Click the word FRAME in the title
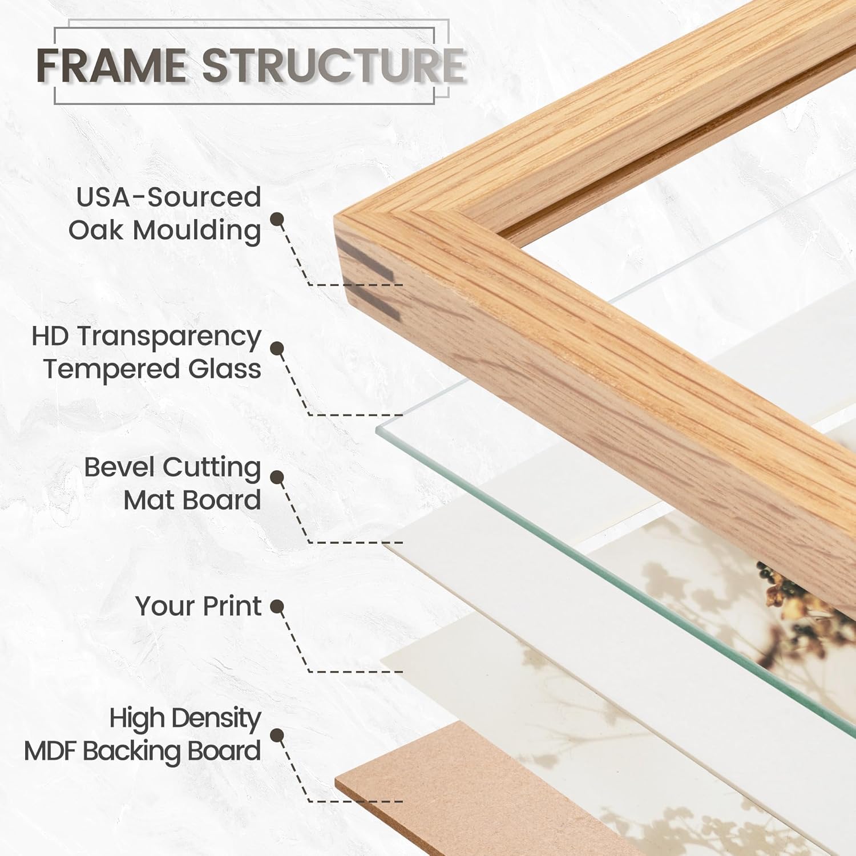111,65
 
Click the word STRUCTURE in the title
334,65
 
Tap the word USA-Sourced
168,197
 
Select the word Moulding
197,231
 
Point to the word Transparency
169,337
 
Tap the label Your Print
199,606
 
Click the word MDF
50,752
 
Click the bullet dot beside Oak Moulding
277,220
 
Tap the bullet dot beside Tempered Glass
277,349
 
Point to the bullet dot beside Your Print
277,607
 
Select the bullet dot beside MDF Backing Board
277,736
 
